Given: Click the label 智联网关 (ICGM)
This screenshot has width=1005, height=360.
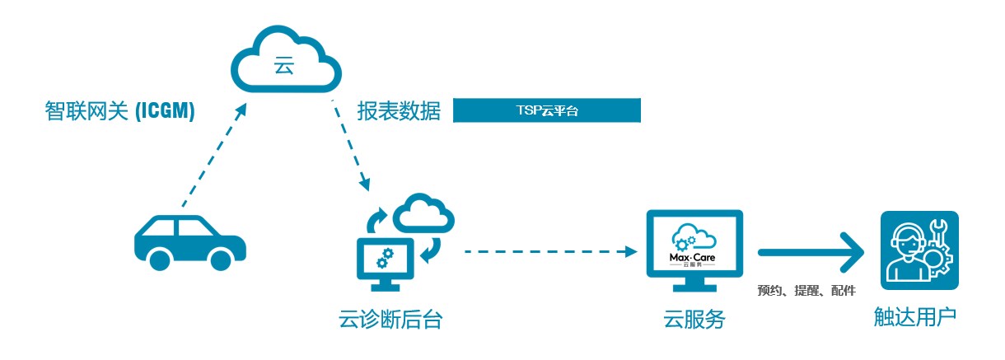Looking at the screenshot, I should point(119,111).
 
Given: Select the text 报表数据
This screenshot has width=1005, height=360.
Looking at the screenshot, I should point(400,111).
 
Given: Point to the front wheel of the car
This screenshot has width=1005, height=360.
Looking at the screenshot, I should point(220,259).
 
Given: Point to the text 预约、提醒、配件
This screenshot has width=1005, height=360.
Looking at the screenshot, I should point(806,290).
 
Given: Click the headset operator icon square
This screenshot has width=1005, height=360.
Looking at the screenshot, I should point(919,250).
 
